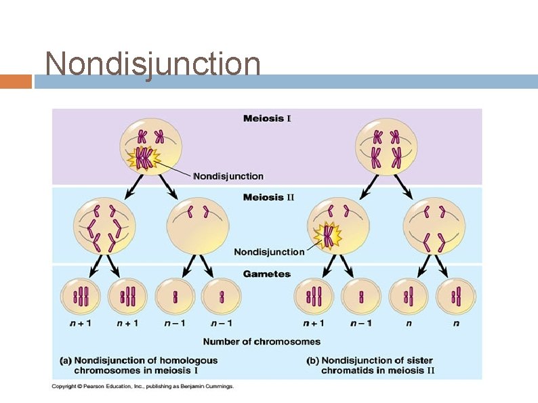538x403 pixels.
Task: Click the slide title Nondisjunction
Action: tap(152, 64)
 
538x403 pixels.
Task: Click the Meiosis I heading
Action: tap(267, 119)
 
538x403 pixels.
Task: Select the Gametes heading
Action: tap(267, 274)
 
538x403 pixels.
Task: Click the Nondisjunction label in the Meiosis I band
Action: tap(228, 176)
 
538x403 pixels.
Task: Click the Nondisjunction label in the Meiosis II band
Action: tap(269, 252)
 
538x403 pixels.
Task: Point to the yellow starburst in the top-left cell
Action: tap(144, 159)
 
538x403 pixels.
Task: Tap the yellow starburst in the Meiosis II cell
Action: tap(329, 236)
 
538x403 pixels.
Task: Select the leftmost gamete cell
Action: tap(81, 297)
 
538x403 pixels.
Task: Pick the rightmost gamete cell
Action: tap(456, 297)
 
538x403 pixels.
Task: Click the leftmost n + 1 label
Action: tap(81, 323)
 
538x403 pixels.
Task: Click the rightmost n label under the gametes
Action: tap(456, 323)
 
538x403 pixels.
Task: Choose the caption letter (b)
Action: tap(312, 360)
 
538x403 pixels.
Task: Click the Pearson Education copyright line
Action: tap(143, 387)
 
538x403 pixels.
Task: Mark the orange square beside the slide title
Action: tap(16, 81)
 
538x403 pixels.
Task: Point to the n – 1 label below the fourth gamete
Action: tap(222, 323)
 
